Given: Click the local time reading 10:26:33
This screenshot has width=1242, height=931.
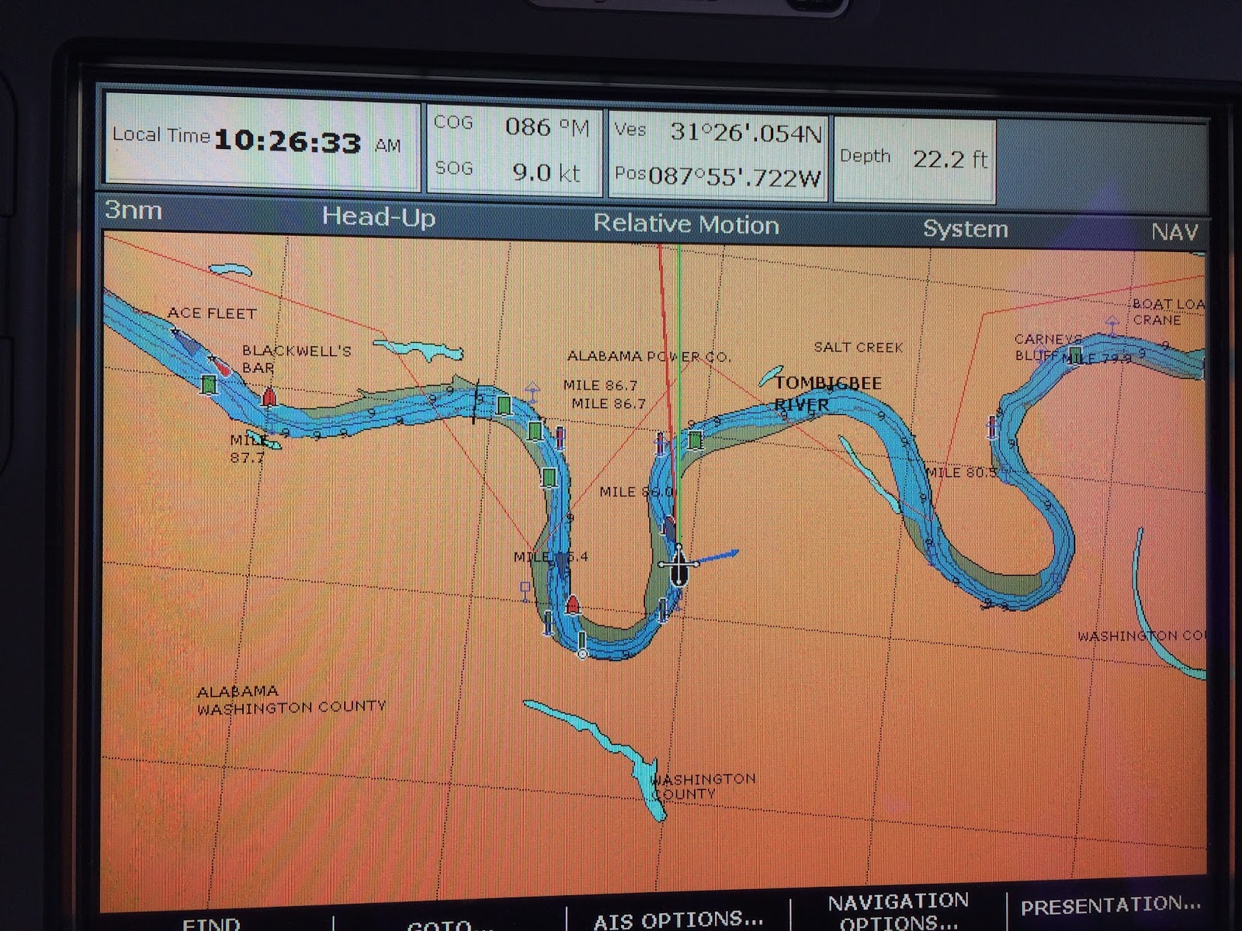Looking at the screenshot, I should pyautogui.click(x=287, y=142).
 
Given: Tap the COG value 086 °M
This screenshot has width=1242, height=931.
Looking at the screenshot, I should pyautogui.click(x=547, y=126).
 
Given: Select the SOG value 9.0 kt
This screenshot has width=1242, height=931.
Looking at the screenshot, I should pyautogui.click(x=546, y=171).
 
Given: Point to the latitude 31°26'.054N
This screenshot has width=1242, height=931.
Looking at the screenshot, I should pyautogui.click(x=745, y=133).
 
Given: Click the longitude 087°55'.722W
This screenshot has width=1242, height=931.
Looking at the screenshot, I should pyautogui.click(x=734, y=177).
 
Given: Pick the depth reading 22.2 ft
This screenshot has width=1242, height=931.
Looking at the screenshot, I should pyautogui.click(x=949, y=159).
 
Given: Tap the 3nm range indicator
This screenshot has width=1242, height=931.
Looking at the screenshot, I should pyautogui.click(x=134, y=210).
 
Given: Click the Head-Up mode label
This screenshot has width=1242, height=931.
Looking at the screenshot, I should pyautogui.click(x=379, y=216).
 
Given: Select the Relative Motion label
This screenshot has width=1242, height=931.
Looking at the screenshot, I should pyautogui.click(x=685, y=224).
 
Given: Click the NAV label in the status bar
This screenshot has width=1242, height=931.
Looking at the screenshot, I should pyautogui.click(x=1174, y=231).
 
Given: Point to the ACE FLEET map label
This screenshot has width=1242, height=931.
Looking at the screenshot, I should pyautogui.click(x=212, y=313).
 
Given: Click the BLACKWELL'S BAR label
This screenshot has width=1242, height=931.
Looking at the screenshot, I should pyautogui.click(x=295, y=358).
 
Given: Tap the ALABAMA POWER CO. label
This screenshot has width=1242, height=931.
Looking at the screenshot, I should pyautogui.click(x=649, y=356).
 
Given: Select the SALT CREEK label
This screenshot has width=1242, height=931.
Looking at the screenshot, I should pyautogui.click(x=859, y=347).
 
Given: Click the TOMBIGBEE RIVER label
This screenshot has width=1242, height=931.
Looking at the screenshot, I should pyautogui.click(x=827, y=393).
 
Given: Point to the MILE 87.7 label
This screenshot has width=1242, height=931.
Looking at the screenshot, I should pyautogui.click(x=248, y=449).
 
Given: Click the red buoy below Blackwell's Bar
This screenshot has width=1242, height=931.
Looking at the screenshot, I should pyautogui.click(x=269, y=396).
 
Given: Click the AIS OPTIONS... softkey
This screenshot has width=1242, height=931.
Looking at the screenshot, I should pyautogui.click(x=678, y=919).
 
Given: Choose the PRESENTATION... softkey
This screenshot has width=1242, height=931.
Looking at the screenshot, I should pyautogui.click(x=1110, y=905).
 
